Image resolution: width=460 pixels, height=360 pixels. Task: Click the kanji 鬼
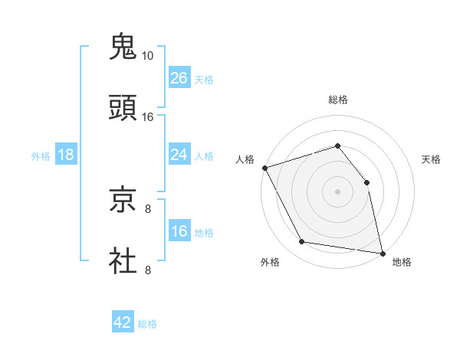123,46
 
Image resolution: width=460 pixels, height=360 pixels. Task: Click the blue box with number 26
179,78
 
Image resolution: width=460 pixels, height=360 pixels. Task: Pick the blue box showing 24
179,155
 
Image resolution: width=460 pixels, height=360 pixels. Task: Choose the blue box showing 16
179,231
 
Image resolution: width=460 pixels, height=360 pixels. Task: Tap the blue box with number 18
65,155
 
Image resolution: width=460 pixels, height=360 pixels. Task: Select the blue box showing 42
123,322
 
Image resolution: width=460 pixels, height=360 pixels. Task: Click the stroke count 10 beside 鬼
147,56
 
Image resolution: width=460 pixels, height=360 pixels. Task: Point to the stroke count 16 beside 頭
147,117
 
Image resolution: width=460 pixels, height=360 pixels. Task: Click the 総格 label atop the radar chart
338,100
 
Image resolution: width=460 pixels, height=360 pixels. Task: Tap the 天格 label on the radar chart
432,159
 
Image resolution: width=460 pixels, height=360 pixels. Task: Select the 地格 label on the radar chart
402,263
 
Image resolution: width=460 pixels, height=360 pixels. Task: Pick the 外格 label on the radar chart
270,263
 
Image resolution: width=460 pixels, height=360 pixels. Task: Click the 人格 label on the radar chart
245,159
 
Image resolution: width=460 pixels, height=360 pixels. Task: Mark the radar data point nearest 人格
264,168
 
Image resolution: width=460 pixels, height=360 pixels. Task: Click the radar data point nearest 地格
382,252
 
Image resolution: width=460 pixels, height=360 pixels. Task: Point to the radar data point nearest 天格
366,182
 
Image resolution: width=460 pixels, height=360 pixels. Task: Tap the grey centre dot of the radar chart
337,191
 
